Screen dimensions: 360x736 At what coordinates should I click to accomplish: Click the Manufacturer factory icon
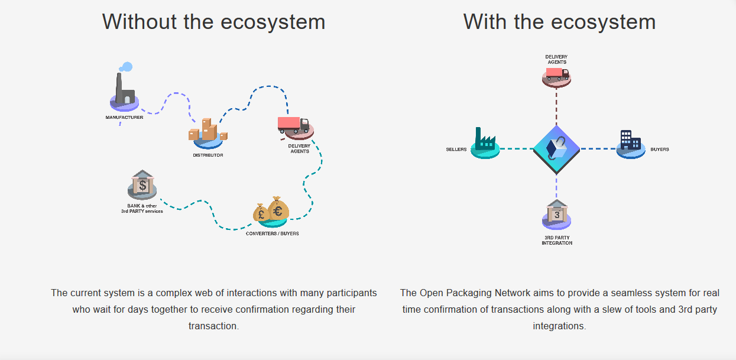pos(124,92)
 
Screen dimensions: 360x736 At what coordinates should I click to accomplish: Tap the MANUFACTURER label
pos(124,118)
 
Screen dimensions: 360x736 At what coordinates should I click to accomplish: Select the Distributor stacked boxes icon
pos(207,133)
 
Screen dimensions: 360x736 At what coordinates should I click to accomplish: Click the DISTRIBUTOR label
pos(208,155)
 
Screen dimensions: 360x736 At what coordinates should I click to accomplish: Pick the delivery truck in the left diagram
pos(294,125)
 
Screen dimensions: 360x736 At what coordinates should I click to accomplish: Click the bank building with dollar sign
pos(142,185)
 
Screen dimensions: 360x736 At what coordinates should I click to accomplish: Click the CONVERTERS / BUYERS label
pos(272,233)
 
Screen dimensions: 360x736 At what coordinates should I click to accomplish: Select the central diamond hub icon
pos(556,148)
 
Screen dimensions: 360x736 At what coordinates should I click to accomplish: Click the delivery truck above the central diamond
pos(556,75)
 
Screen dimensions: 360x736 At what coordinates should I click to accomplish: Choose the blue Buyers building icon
pos(630,143)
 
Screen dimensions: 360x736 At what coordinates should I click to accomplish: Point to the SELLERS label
pos(456,150)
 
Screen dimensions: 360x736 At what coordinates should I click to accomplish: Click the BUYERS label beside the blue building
pos(660,150)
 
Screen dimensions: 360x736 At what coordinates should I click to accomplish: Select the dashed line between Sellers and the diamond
pos(516,148)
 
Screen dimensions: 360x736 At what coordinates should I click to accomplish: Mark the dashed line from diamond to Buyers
pos(598,148)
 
